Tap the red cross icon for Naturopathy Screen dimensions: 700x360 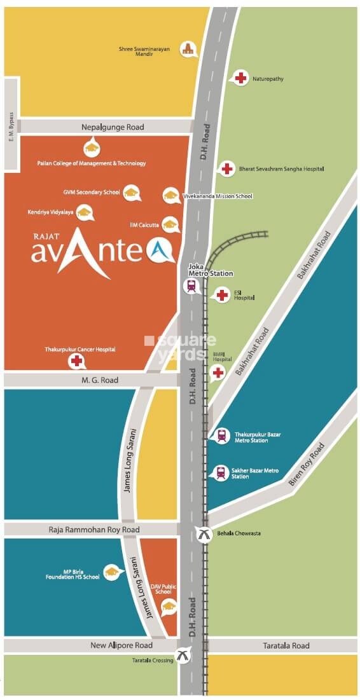[240, 78]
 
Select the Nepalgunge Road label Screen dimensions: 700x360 [113, 127]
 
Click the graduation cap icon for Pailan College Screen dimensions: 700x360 [92, 148]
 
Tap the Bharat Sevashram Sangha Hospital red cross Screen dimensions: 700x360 [226, 168]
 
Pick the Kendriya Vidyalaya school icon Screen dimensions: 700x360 [84, 212]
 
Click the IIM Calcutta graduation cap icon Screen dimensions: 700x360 [170, 224]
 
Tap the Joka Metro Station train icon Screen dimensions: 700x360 [191, 286]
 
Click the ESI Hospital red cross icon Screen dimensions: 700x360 [221, 294]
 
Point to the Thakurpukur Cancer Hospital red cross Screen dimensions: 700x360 [77, 361]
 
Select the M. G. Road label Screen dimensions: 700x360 [100, 380]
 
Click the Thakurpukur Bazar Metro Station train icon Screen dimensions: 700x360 [221, 435]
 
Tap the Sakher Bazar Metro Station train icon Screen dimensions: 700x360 [220, 472]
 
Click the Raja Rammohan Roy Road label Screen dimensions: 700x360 [93, 530]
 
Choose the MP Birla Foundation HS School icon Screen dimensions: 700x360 [112, 572]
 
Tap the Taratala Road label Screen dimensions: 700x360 [286, 645]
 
